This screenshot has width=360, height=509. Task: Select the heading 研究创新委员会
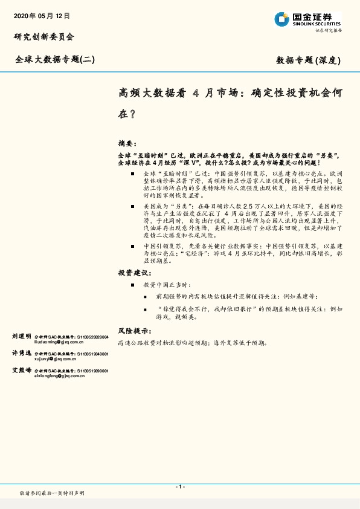(x=44, y=37)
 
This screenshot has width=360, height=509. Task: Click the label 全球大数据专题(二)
(x=55, y=59)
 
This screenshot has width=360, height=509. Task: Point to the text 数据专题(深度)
(x=309, y=60)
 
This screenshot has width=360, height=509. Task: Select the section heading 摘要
(x=127, y=144)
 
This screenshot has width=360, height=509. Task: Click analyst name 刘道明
(x=22, y=336)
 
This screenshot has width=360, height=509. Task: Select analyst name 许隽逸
(x=22, y=352)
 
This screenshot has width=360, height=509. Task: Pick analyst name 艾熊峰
(x=22, y=369)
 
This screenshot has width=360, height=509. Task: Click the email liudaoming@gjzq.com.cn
(x=59, y=342)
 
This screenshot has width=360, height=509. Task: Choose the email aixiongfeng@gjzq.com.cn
(x=60, y=375)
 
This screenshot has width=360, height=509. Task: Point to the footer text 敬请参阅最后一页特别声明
(x=53, y=494)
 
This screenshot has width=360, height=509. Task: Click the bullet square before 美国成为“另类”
(x=132, y=207)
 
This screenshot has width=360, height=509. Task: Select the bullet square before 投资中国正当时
(x=132, y=284)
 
